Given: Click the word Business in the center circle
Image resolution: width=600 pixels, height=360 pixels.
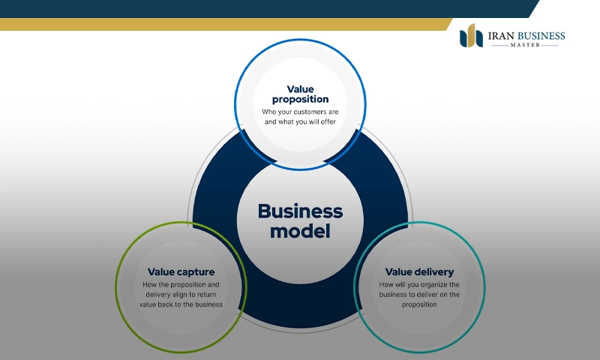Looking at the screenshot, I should click(300, 211).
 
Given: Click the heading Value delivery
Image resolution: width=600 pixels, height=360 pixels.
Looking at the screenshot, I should click(419, 271).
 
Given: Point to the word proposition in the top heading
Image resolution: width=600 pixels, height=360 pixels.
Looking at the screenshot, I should click(300, 99).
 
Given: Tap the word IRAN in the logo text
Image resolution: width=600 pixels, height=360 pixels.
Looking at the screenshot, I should click(502, 35).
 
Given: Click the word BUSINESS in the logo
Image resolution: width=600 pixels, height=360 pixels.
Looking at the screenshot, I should click(541, 35).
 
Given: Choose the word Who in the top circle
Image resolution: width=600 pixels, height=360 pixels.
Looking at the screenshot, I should click(268, 112).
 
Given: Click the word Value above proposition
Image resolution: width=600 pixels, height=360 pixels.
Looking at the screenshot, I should click(300, 88).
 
